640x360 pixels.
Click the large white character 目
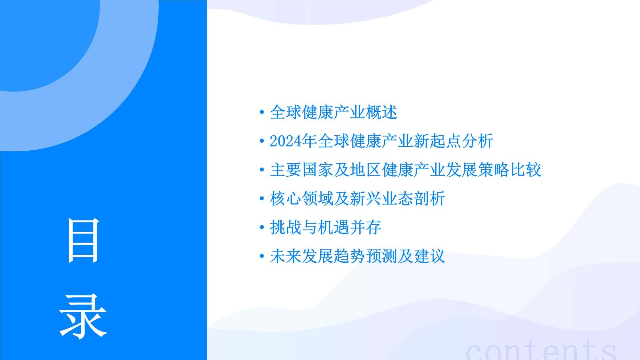[83, 240]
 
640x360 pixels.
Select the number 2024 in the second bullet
[285, 141]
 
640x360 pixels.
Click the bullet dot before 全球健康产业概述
[262, 112]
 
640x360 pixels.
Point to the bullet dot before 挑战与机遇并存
[262, 228]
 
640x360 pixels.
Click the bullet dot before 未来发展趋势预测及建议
[262, 256]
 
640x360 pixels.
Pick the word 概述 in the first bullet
[381, 112]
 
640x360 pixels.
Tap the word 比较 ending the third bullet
[525, 170]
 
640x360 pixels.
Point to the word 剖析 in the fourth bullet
[429, 199]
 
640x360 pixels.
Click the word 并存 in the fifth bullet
[365, 228]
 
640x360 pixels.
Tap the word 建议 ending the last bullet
[429, 256]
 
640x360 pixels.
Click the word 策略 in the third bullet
[493, 170]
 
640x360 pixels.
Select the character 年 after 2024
[309, 141]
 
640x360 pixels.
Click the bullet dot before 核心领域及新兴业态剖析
[262, 199]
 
